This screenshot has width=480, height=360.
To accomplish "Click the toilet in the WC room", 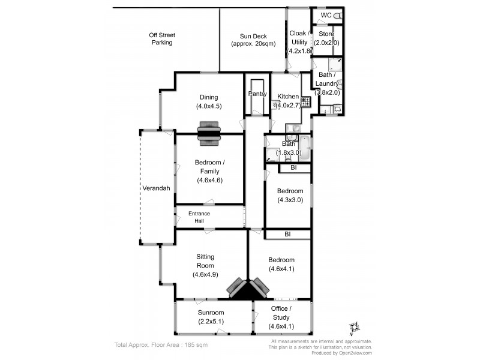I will coord(337,15).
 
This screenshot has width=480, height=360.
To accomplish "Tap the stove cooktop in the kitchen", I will coord(305,101).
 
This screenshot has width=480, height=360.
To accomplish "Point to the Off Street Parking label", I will coord(161,39).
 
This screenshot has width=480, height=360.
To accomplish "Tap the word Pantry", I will coord(257,94).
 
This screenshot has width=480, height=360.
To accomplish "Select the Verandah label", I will coord(156,188).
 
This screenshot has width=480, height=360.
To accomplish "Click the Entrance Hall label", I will coord(199,217).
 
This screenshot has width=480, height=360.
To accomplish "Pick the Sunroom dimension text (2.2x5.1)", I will coord(211,322).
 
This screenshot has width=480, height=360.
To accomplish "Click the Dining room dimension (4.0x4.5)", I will coord(209,106).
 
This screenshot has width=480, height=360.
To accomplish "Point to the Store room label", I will coord(326,34).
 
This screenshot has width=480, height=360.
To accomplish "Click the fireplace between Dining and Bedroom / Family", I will coord(209,134).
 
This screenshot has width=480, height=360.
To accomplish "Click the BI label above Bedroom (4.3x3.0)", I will coord(293,168).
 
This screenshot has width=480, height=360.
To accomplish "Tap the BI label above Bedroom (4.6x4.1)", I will coord(288,234).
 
